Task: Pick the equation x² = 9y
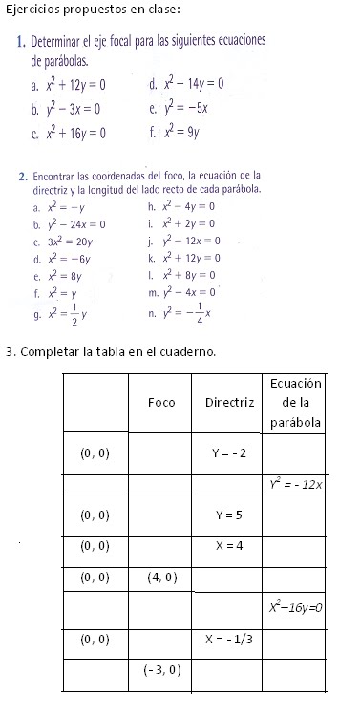[x=181, y=133]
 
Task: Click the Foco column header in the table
[x=161, y=402]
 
